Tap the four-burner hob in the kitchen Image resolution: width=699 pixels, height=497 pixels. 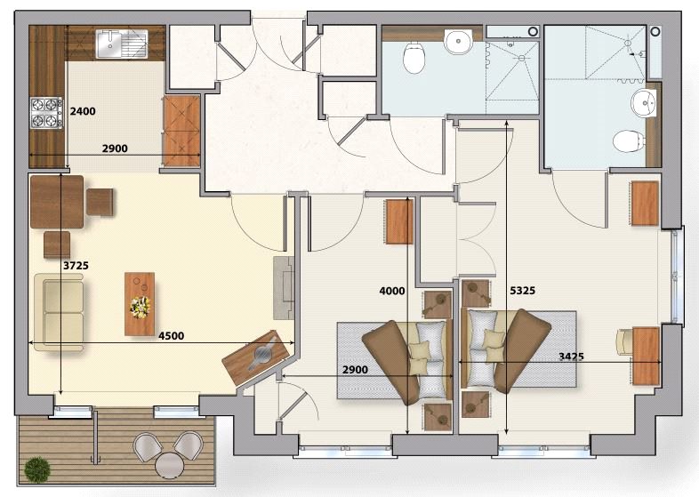[x=44, y=111]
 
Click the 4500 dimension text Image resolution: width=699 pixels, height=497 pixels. [x=171, y=335]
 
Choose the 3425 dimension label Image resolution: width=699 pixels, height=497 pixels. [x=571, y=356]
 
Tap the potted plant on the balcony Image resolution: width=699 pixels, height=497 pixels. [x=37, y=468]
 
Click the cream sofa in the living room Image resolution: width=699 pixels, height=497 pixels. [x=59, y=312]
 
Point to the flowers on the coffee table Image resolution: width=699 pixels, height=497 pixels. [x=140, y=307]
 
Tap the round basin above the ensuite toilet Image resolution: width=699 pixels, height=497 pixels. [x=643, y=103]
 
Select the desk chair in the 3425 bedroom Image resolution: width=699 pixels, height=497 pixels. [x=625, y=340]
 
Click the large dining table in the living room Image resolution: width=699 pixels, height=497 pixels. [x=56, y=202]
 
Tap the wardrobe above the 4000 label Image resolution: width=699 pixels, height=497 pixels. [x=399, y=221]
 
